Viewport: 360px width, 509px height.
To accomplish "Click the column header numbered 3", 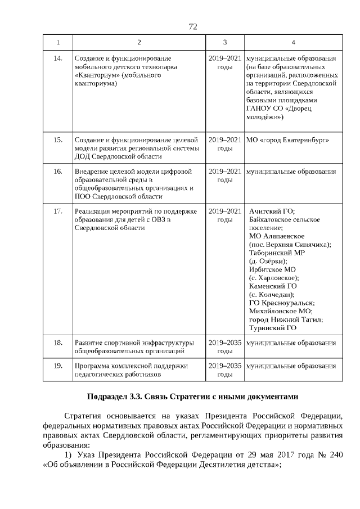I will point(224,43).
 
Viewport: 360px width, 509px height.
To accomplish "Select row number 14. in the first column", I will point(57,58).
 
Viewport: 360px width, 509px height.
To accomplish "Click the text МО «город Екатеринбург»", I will point(287,139).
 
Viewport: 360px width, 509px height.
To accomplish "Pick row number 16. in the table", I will point(57,171).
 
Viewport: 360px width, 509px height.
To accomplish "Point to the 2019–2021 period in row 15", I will point(225,139).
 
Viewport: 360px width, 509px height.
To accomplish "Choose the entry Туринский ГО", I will point(272,328).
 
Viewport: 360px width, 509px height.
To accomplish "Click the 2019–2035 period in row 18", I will point(225,343).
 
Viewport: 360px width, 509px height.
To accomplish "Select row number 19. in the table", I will point(57,366).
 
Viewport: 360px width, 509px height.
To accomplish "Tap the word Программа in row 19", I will point(92,366).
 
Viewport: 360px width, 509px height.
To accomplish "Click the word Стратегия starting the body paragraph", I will point(82,416).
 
